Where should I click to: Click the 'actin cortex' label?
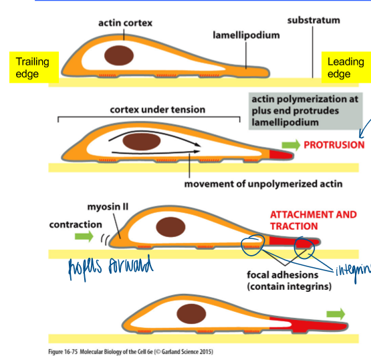126,23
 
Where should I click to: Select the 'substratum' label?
314,20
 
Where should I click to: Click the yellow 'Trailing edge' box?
33,68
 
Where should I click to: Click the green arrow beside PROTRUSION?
290,144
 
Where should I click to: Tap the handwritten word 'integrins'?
350,266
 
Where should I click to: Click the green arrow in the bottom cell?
338,313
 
